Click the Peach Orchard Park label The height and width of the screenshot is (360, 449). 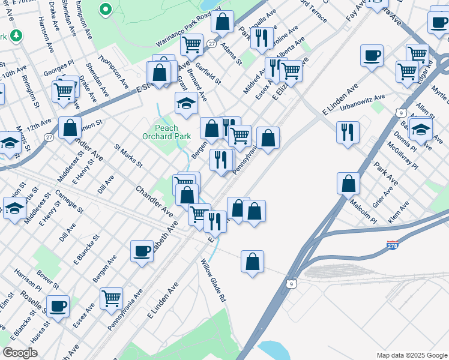tap(173, 132)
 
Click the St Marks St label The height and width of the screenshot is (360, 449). tap(128, 155)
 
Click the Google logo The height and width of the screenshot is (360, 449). tap(20, 353)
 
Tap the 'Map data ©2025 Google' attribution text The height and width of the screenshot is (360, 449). tap(411, 355)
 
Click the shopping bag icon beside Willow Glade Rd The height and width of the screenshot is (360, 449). tap(253, 262)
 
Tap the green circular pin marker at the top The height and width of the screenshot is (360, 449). tap(106, 9)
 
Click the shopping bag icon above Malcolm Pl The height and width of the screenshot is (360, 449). tap(348, 184)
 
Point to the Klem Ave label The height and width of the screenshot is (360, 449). tap(399, 212)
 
